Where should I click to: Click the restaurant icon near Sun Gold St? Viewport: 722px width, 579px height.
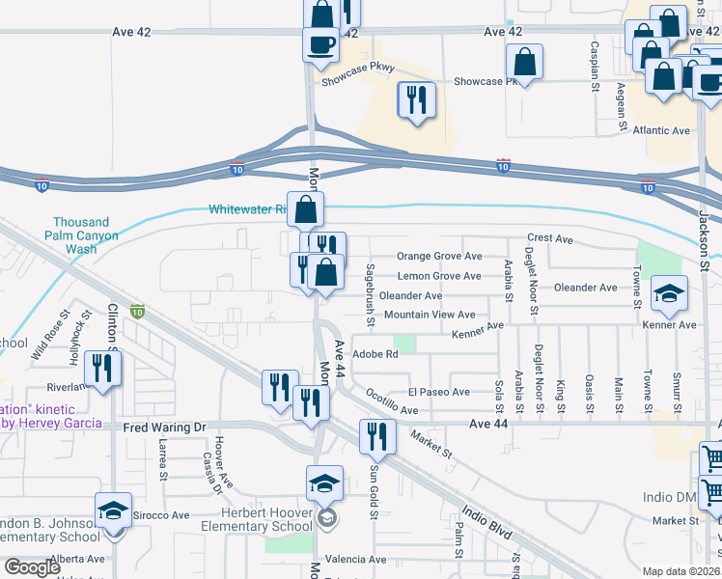point(377,436)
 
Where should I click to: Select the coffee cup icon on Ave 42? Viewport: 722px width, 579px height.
point(320,43)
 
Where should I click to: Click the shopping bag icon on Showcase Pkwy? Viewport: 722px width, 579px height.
point(523,63)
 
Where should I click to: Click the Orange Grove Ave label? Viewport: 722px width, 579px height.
point(439,257)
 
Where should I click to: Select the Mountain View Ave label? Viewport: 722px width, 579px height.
point(430,315)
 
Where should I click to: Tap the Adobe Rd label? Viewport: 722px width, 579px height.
point(376,354)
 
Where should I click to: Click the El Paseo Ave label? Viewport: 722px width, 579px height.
point(438,392)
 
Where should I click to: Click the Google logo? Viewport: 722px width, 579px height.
point(32,567)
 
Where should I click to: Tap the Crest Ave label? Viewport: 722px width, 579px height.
point(550,239)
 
